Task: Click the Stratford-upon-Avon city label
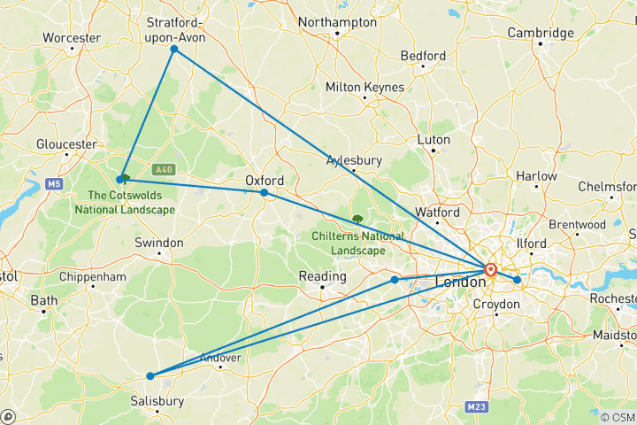click(x=174, y=28)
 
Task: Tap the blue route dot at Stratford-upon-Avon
click(x=174, y=50)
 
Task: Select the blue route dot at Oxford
click(x=264, y=192)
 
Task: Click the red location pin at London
click(x=490, y=270)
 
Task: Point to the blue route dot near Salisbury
click(x=150, y=376)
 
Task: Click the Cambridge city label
click(x=541, y=33)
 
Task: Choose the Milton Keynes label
click(x=365, y=88)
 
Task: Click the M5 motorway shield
click(x=54, y=183)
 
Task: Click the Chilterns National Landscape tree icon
click(x=357, y=218)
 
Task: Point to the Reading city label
click(x=322, y=277)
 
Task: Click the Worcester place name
click(x=70, y=39)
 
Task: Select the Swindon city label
click(x=159, y=243)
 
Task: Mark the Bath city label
click(x=43, y=300)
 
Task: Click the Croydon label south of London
click(x=495, y=304)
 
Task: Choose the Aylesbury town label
click(x=354, y=160)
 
